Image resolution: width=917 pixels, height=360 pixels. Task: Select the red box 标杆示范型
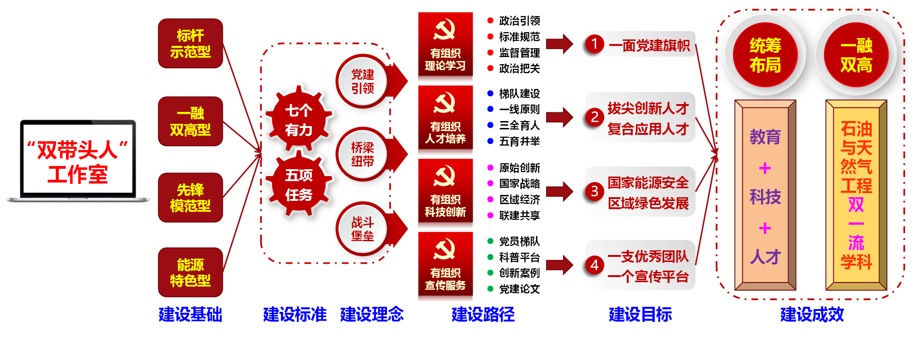tap(190, 44)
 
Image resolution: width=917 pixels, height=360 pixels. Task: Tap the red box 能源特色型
tap(190, 272)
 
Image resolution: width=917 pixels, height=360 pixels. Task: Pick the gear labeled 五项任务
tap(299, 185)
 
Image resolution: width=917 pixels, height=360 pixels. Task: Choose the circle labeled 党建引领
tap(362, 81)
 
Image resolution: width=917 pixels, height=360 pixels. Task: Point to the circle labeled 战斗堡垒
tap(362, 229)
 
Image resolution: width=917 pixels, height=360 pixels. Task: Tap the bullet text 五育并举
tap(519, 141)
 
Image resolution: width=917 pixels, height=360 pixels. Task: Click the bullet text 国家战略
tap(519, 184)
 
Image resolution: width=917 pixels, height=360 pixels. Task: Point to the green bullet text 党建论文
tap(519, 289)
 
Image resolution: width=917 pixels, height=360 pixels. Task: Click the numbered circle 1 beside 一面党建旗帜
tap(594, 44)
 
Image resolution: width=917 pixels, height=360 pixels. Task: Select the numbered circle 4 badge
tap(594, 265)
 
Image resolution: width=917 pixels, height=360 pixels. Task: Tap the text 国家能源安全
tap(648, 183)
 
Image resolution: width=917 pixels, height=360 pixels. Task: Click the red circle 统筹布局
tap(765, 55)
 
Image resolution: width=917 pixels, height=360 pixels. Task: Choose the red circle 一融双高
tap(856, 55)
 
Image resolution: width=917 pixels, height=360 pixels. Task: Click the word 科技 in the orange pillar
tap(765, 197)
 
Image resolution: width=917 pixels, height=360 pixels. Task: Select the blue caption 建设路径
tap(483, 315)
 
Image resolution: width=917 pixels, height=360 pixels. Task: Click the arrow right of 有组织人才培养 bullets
tap(560, 117)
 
